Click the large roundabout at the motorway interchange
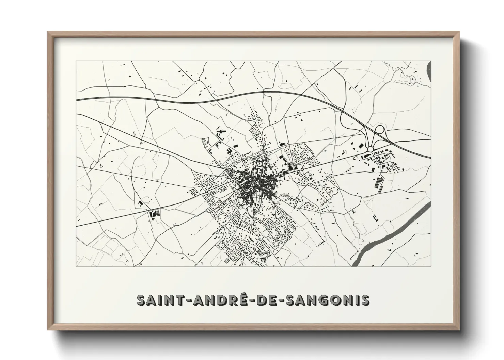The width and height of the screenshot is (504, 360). click(371, 149)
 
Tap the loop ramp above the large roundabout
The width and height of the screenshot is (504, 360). click(379, 131)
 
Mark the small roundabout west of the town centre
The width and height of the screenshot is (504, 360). click(206, 192)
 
